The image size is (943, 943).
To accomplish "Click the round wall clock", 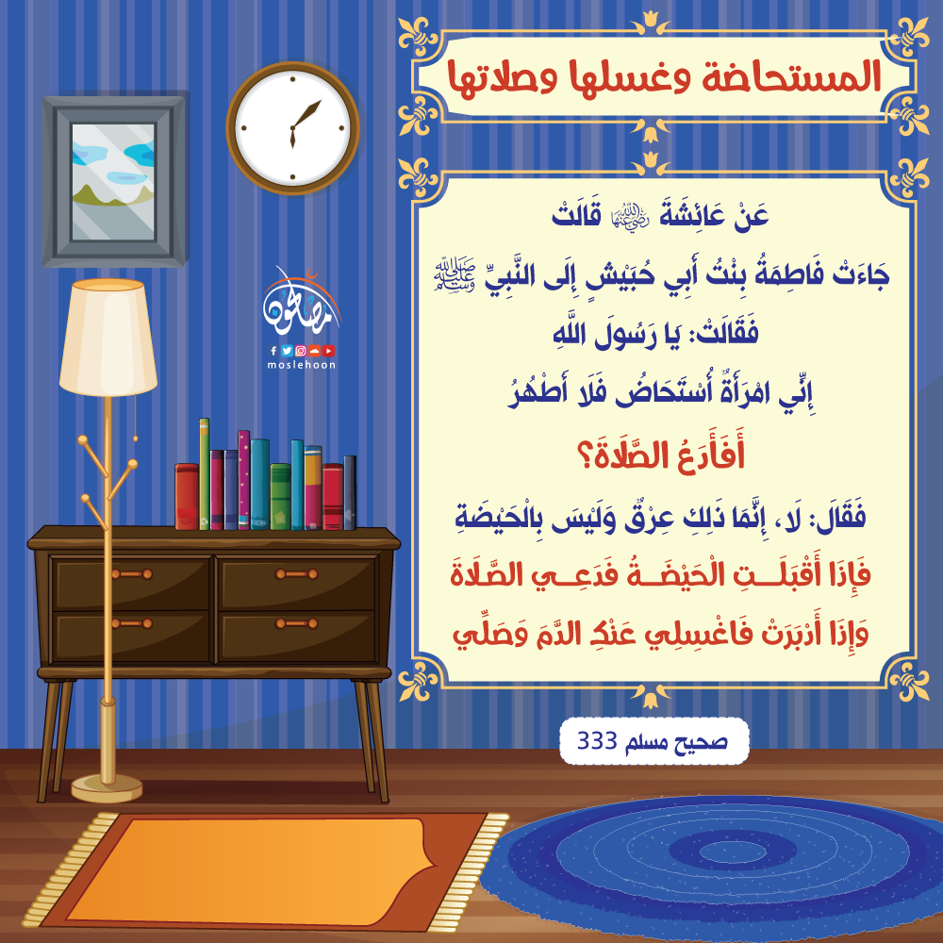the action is click(293, 128).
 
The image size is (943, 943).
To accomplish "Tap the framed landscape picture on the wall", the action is click(114, 181).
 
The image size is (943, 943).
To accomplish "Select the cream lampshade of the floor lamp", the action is click(108, 338).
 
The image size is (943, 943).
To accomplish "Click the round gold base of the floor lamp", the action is click(108, 788).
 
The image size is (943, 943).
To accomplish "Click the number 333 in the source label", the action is click(597, 741).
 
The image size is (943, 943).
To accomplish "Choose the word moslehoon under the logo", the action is click(302, 364).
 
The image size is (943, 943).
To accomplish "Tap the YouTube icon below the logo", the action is click(328, 351).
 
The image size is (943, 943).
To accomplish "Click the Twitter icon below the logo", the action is click(287, 351).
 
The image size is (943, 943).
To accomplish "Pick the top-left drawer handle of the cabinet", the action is click(132, 574).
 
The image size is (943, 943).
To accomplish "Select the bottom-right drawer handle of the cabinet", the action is click(296, 623).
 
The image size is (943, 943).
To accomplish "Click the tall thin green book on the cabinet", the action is click(205, 474).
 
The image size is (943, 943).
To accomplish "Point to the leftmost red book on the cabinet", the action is click(187, 497).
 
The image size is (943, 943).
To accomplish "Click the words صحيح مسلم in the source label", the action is click(676, 742).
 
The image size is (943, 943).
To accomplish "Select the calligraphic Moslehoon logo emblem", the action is click(301, 305).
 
